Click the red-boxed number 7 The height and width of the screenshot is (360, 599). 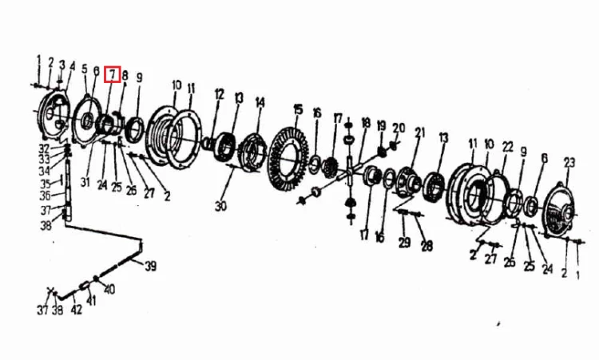coord(113,74)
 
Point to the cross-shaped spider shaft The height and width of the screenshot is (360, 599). coord(351,172)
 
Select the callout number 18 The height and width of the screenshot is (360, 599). coord(366,123)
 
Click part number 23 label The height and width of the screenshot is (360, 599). coord(569,163)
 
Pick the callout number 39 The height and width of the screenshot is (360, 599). coord(150,266)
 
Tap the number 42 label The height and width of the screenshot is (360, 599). coord(77,309)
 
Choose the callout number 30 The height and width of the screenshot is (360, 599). coord(220,206)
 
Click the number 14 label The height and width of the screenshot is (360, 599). coord(260,103)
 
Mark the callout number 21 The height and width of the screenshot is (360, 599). coord(420,133)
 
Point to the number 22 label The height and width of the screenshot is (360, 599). coord(507,147)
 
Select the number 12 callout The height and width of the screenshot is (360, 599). coord(219,94)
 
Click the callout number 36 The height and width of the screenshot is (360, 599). coord(45,196)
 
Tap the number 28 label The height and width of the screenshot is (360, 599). coord(426,246)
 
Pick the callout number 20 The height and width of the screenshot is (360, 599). coord(399,128)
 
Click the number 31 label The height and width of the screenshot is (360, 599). coord(85,182)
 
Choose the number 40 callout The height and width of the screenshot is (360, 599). coord(109,290)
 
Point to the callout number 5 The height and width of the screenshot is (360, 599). coord(85,69)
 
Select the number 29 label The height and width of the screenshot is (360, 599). coord(405,243)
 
